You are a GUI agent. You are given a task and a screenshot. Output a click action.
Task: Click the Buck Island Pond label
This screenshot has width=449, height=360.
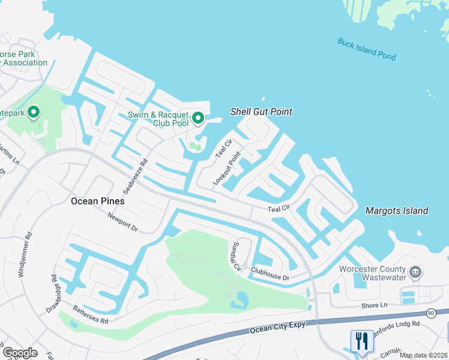tap(367, 49)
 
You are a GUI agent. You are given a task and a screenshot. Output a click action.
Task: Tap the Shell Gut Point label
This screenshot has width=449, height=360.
tap(262, 112)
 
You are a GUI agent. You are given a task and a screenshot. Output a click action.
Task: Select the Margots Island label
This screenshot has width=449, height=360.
tap(397, 211)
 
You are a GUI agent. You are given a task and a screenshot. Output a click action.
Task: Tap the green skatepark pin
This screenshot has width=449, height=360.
tap(34, 112)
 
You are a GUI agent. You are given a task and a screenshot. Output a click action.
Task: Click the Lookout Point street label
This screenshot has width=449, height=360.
tap(226, 168)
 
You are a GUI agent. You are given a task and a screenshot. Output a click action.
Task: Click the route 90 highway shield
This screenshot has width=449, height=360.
tap(431, 313)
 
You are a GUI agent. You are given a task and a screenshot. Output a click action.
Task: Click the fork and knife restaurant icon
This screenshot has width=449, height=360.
tap(361, 340)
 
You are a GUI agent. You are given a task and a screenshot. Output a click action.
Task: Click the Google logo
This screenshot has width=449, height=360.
tap(20, 353)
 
